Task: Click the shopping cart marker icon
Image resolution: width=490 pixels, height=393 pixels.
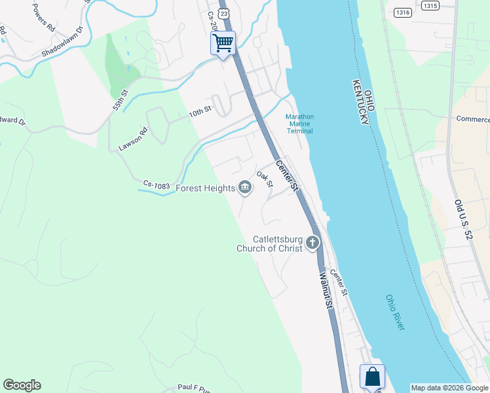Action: [223, 44]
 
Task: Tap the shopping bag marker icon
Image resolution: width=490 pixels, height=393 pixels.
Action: [372, 377]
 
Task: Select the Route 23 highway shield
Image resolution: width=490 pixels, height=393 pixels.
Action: [225, 13]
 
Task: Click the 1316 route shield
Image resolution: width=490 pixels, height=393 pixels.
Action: [402, 12]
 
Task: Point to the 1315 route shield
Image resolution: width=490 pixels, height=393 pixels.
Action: [430, 5]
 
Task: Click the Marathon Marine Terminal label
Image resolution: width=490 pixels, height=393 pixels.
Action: [299, 124]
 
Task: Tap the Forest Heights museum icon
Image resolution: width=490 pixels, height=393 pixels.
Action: [244, 188]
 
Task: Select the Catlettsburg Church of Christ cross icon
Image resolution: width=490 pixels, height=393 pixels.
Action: [312, 244]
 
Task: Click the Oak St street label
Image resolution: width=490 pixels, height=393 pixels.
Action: [265, 179]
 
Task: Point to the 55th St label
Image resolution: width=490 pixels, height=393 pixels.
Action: [118, 98]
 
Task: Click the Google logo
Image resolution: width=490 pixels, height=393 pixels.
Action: [22, 385]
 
